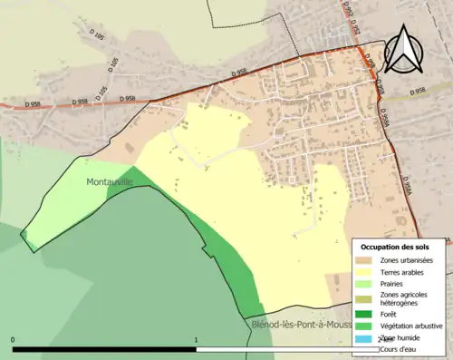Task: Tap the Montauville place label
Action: point(109,181)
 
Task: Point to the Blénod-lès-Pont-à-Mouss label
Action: point(298,324)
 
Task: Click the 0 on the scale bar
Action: point(13,341)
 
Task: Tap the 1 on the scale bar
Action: point(197,341)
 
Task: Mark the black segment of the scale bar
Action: point(104,349)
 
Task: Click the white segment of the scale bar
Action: point(272,349)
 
